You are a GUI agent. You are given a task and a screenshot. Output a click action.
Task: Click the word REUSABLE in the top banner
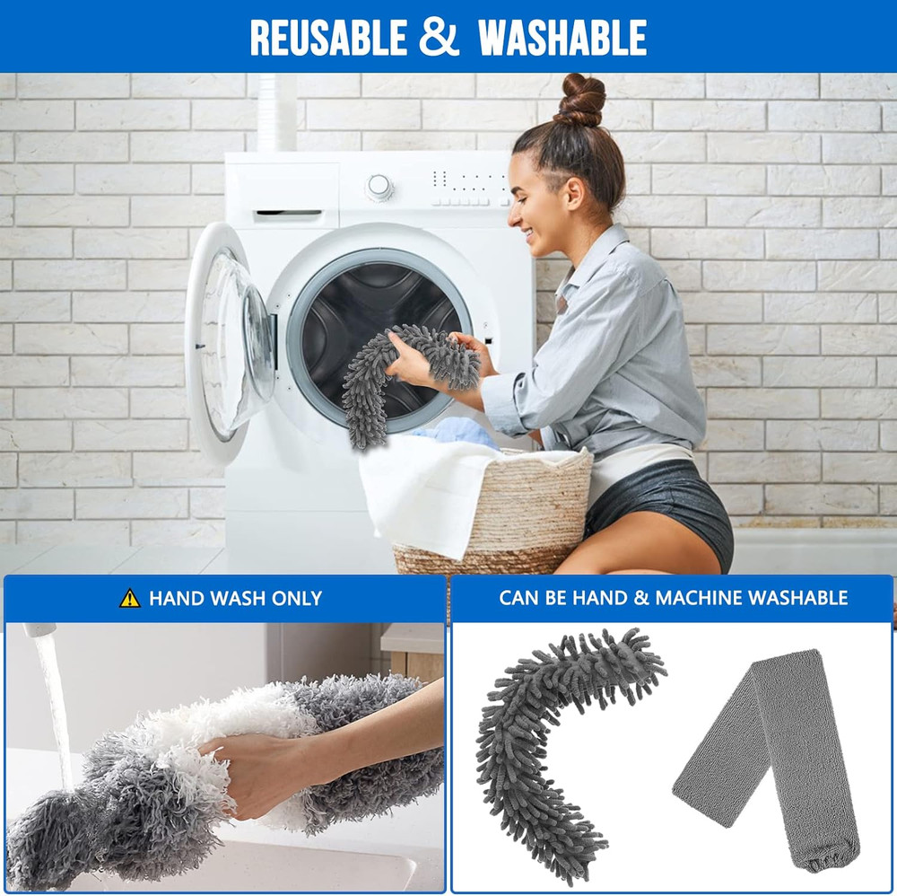[x=328, y=37]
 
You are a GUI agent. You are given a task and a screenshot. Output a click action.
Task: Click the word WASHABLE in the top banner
[x=562, y=37]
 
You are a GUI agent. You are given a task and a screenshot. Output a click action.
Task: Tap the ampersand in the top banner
[x=440, y=38]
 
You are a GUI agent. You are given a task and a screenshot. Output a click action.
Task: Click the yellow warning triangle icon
[x=130, y=598]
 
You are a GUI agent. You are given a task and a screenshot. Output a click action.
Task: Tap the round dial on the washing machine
[x=379, y=187]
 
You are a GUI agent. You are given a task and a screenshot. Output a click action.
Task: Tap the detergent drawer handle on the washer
[x=288, y=215]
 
